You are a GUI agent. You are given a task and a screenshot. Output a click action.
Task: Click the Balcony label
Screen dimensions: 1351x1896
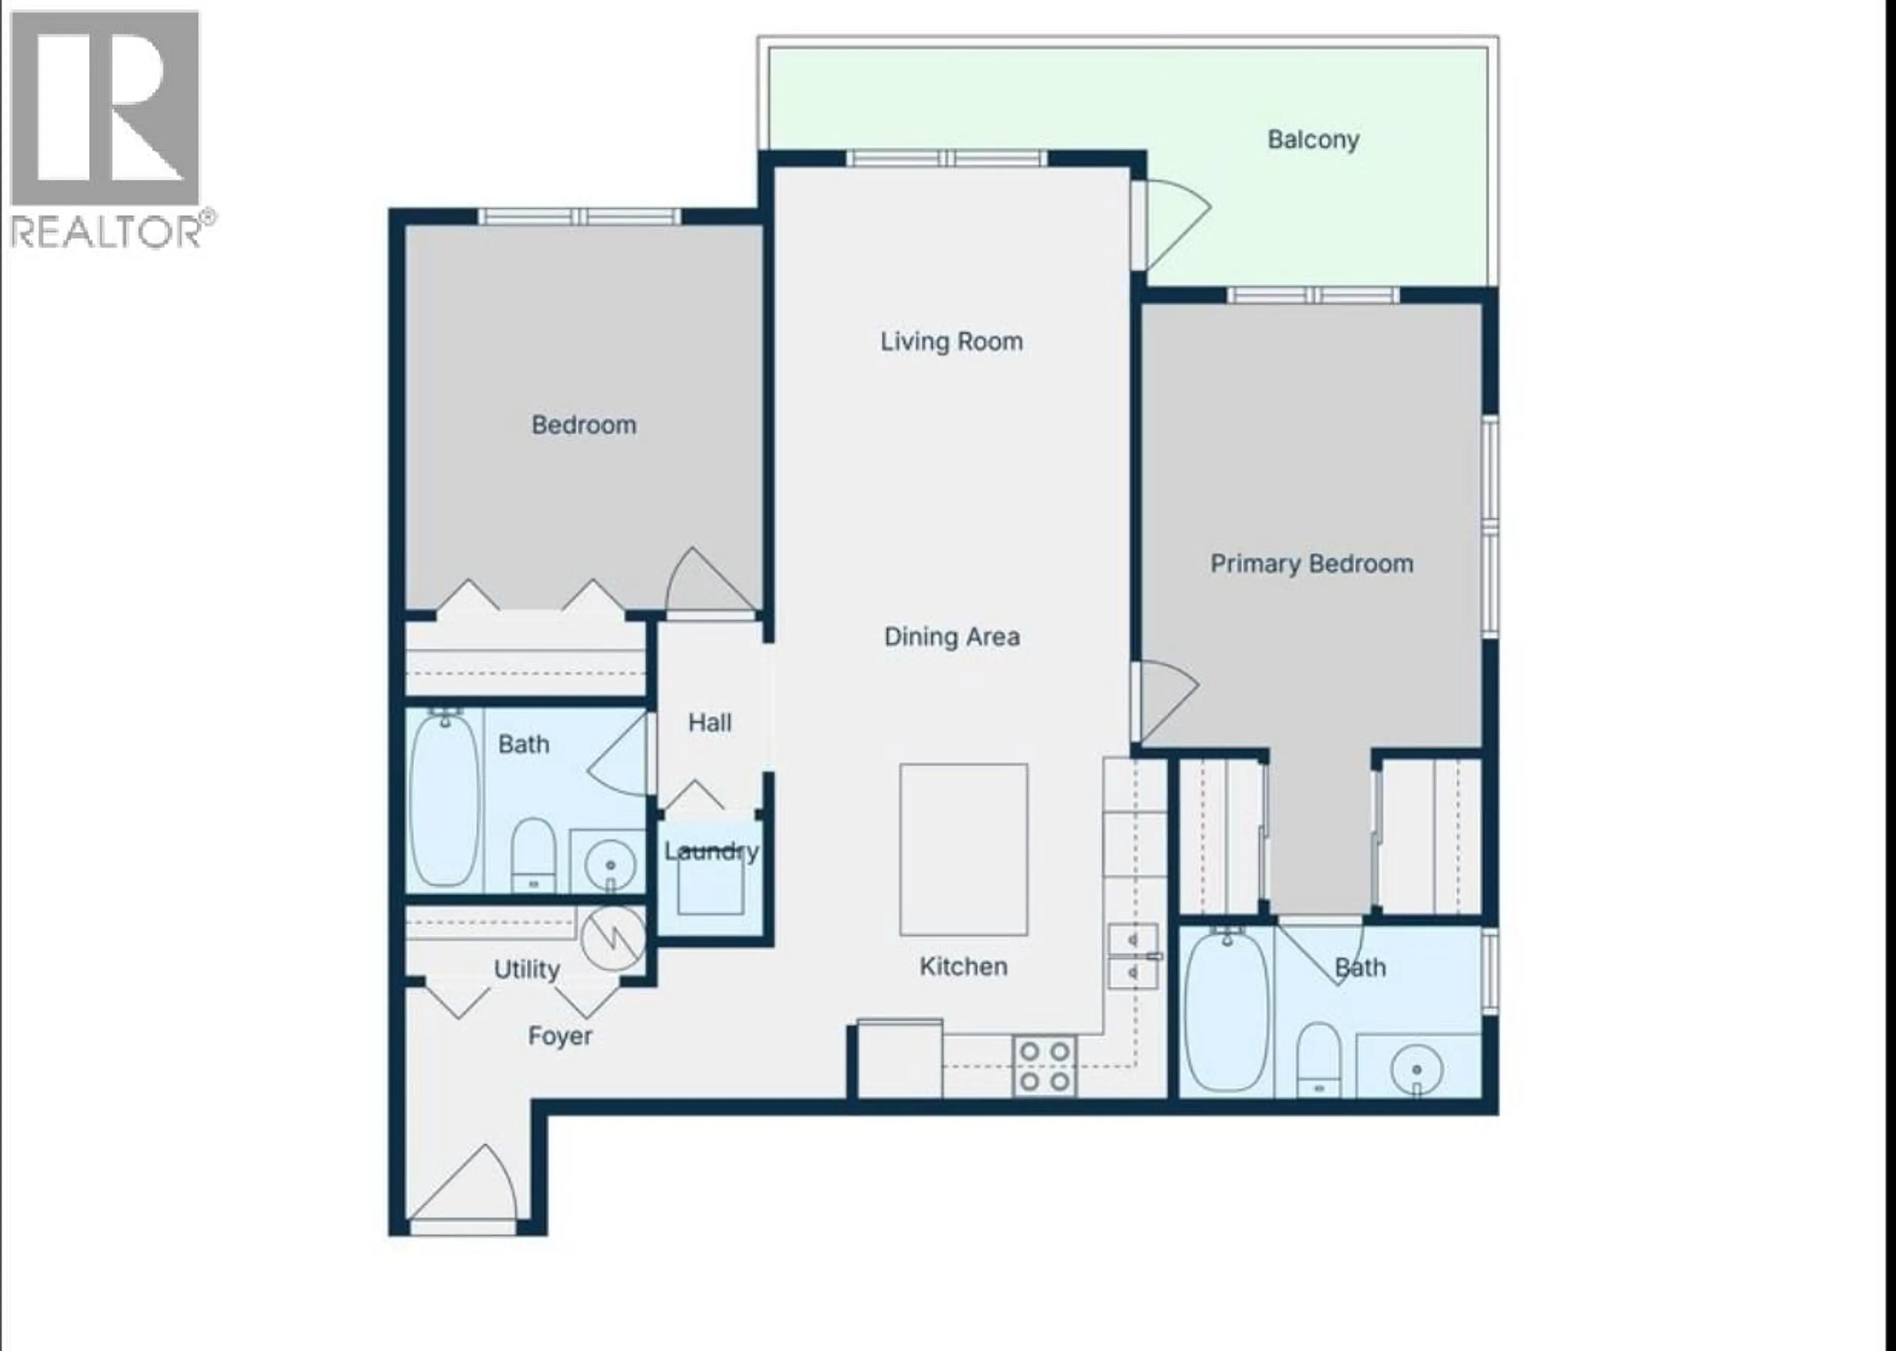click(1312, 140)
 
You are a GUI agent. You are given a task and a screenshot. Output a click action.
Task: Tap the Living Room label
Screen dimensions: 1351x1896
click(951, 341)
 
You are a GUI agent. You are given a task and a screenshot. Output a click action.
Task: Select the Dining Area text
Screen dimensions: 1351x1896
click(951, 637)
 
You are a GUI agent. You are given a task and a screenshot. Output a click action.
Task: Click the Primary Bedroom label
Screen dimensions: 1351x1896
click(1311, 564)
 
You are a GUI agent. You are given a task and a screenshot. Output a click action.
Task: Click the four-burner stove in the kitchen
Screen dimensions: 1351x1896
click(1044, 1065)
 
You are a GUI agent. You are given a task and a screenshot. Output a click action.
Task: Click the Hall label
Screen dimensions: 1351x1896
click(710, 723)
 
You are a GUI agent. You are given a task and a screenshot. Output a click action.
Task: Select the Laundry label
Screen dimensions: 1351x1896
click(711, 851)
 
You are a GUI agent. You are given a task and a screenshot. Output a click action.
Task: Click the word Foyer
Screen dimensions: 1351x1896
click(559, 1036)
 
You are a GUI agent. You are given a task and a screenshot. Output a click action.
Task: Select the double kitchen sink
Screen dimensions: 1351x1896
click(1133, 956)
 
